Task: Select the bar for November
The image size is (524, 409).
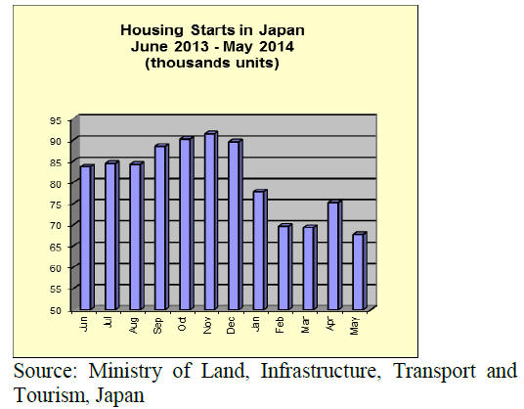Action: [210, 221]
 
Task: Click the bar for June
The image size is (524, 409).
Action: [87, 238]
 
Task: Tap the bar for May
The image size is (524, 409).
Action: [360, 271]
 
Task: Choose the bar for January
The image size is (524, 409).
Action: [260, 250]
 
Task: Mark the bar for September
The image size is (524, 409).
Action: [161, 227]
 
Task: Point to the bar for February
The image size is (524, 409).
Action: [285, 267]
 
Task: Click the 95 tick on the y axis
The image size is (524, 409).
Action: [56, 120]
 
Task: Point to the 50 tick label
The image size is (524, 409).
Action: [56, 310]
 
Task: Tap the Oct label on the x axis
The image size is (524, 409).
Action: [182, 324]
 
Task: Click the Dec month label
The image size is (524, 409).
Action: [231, 325]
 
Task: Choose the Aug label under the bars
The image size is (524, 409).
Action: [133, 325]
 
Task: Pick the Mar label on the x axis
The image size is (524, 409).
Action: [305, 325]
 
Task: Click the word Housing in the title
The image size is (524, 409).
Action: [153, 30]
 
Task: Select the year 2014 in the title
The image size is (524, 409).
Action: [277, 46]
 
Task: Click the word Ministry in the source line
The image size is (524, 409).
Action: [125, 371]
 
